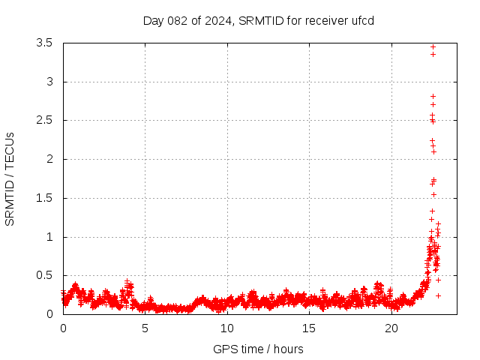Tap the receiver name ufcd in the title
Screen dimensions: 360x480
pyautogui.click(x=361, y=20)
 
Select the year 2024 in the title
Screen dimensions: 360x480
pyautogui.click(x=217, y=20)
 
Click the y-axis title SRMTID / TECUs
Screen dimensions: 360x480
pyautogui.click(x=10, y=178)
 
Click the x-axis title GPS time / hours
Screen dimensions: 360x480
pyautogui.click(x=258, y=349)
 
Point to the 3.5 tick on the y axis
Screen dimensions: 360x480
pyautogui.click(x=44, y=43)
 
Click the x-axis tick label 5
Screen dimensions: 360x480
pyautogui.click(x=145, y=328)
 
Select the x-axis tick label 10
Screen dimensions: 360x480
pyautogui.click(x=227, y=328)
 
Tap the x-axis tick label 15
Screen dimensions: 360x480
pyautogui.click(x=310, y=328)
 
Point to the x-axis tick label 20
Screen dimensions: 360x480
pyautogui.click(x=391, y=328)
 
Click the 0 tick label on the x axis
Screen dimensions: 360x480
pyautogui.click(x=63, y=328)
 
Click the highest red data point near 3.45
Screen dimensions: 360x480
pyautogui.click(x=433, y=46)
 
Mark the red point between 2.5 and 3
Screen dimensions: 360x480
pyautogui.click(x=433, y=96)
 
